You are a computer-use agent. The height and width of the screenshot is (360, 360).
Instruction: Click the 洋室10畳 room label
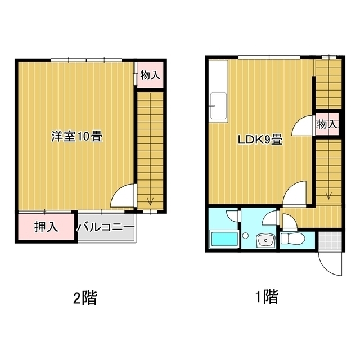tap(77, 136)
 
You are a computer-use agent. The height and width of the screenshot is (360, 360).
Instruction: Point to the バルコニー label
tap(106, 228)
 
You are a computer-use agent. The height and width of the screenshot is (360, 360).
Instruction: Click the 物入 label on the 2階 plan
tap(150, 75)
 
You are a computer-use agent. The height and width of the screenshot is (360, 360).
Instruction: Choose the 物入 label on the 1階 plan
tap(327, 124)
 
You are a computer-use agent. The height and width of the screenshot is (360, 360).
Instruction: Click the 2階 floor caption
tap(85, 297)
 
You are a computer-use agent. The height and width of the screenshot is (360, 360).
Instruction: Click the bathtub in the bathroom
tap(223, 239)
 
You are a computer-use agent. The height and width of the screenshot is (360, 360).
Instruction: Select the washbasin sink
tap(263, 241)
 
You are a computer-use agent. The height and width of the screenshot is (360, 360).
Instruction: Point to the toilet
tap(292, 238)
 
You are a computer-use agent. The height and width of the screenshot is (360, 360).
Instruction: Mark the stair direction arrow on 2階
tap(150, 200)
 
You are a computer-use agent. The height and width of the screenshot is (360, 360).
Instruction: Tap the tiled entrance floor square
tap(330, 241)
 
